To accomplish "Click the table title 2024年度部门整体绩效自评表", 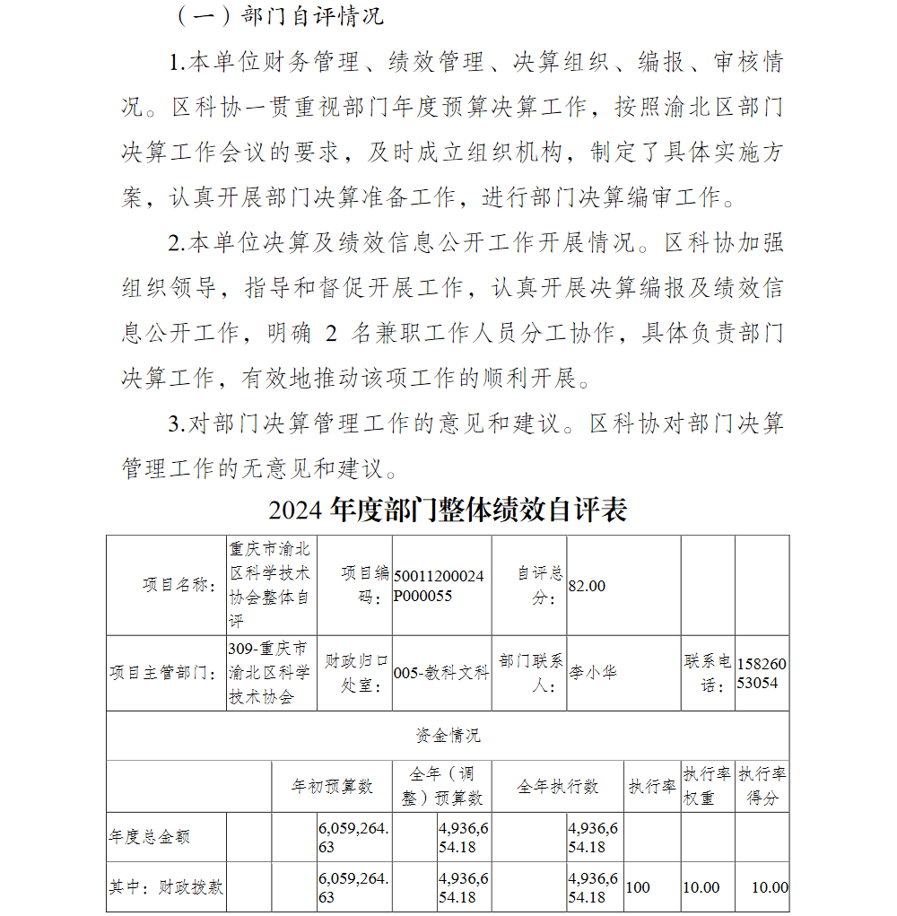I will point(448,510).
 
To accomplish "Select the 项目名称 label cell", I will point(179,585).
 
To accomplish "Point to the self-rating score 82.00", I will point(588,586).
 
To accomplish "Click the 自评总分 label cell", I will point(540,585).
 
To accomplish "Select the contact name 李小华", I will point(594,673).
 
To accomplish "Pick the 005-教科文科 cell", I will point(441,673).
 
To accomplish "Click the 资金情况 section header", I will point(448,736).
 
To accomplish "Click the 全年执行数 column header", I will point(557,787).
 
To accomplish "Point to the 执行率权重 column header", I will point(707,786).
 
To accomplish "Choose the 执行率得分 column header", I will point(762,786).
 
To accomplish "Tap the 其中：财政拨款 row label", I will point(166,887).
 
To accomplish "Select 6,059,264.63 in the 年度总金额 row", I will point(353,837).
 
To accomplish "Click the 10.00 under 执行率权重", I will point(701,887).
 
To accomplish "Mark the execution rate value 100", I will point(638,887).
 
